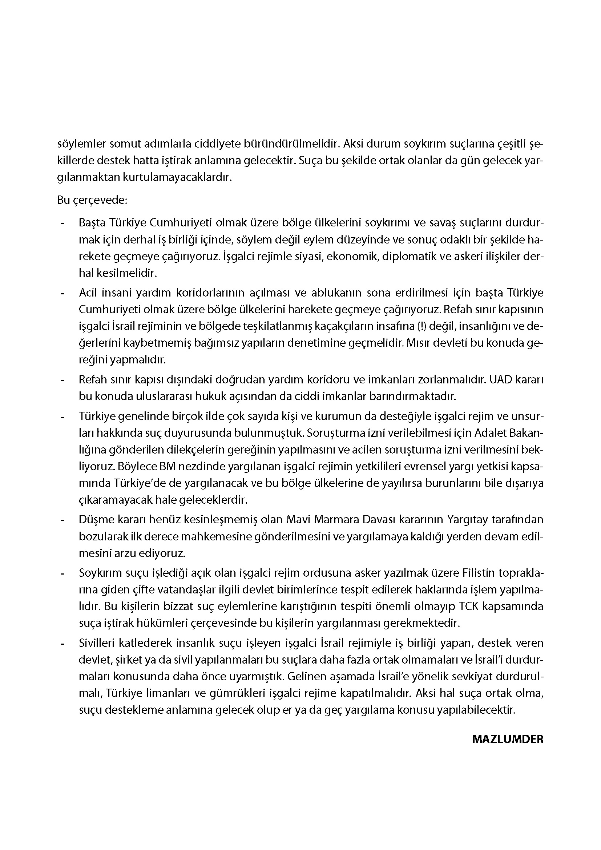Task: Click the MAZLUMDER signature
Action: tap(508, 739)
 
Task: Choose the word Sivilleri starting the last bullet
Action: tap(97, 643)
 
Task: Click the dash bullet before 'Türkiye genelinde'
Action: tap(62, 416)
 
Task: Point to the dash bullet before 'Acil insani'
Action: tap(62, 293)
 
